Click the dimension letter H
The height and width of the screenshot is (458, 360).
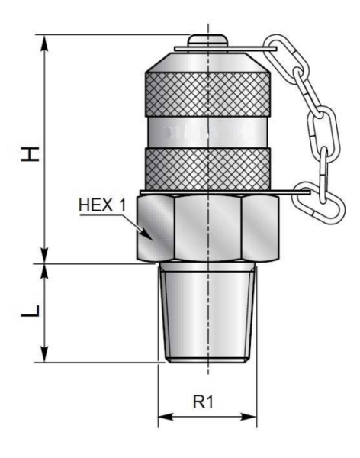(x=30, y=154)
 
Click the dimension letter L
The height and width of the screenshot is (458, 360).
(x=30, y=311)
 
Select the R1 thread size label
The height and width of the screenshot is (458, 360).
(x=203, y=402)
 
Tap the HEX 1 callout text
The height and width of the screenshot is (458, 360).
(x=102, y=205)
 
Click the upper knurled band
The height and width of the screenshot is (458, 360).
(x=207, y=94)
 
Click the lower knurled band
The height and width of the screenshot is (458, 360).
(x=207, y=169)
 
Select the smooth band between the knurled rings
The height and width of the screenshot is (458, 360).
(x=207, y=132)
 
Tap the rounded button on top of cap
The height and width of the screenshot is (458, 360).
(x=207, y=40)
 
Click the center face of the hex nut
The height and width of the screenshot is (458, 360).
(x=208, y=227)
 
